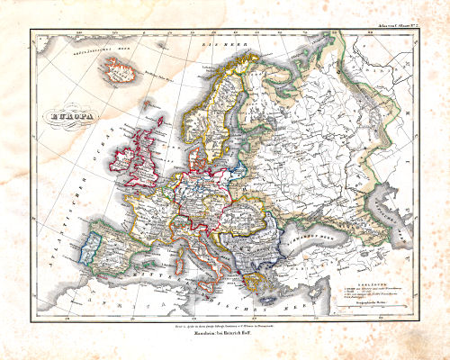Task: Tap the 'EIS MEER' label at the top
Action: [213, 43]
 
